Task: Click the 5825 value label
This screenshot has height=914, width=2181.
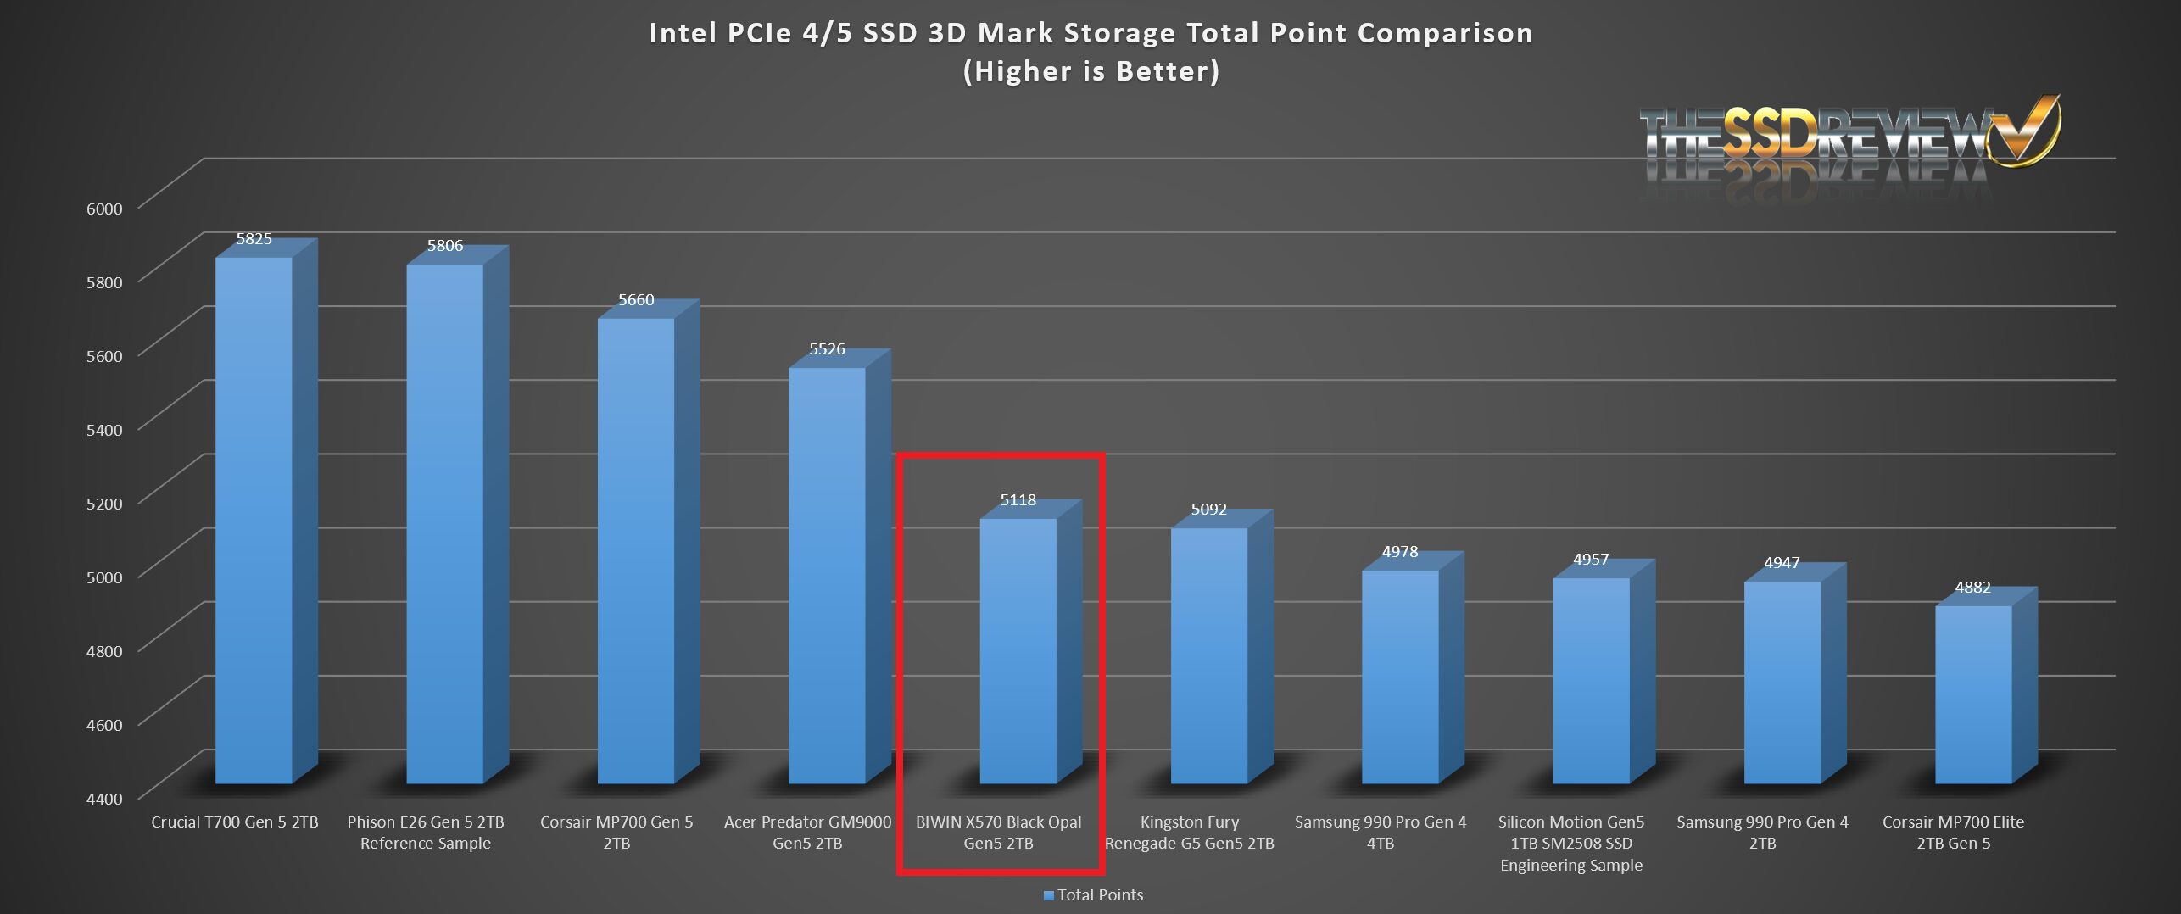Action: [x=254, y=239]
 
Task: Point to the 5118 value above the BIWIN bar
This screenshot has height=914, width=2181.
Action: [x=1018, y=500]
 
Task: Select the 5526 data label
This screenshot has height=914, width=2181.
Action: [x=827, y=349]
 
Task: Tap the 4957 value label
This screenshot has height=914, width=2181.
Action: [x=1591, y=560]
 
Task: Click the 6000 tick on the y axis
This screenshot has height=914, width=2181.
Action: [x=104, y=209]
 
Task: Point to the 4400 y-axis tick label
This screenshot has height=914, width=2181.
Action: [x=104, y=799]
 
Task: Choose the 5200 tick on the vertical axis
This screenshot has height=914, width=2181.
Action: [x=104, y=504]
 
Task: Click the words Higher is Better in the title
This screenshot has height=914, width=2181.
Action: [x=1091, y=71]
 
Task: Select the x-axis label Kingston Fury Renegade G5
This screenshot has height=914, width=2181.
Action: [x=1189, y=833]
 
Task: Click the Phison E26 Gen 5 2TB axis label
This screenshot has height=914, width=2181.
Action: [x=426, y=833]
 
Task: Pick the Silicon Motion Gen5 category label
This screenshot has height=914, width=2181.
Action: [x=1570, y=843]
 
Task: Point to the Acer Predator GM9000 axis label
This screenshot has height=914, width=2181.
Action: [x=807, y=833]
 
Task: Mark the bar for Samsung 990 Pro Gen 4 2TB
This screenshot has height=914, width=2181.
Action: [x=1782, y=682]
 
